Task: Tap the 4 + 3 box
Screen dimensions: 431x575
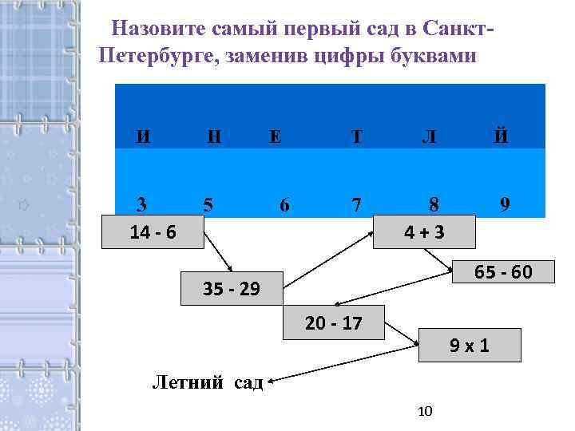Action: click(423, 232)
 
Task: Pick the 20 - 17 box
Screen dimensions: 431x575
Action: click(333, 323)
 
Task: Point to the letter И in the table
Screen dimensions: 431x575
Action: click(142, 136)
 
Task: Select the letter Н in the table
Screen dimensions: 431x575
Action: click(214, 136)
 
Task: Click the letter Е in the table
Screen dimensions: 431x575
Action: click(275, 136)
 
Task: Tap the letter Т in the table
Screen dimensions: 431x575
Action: click(356, 136)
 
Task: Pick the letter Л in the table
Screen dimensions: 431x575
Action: click(429, 136)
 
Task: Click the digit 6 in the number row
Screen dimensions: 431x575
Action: click(284, 205)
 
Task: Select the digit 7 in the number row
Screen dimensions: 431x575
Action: click(356, 205)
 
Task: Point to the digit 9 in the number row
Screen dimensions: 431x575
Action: click(505, 205)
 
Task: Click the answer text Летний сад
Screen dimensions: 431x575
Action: click(208, 382)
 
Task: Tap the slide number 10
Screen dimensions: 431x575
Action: click(425, 411)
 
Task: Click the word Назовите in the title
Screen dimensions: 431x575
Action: click(160, 30)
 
